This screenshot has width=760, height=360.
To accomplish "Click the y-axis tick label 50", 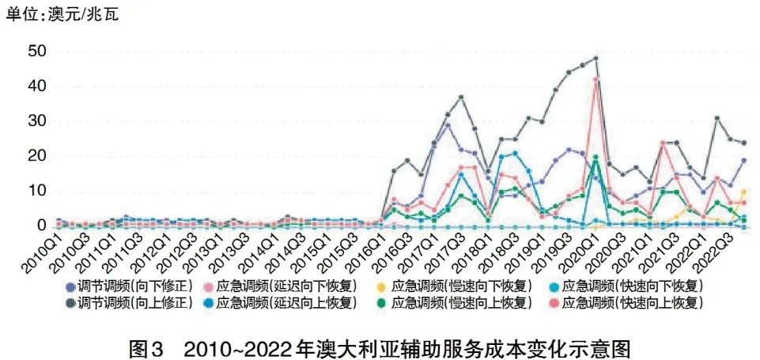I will click(x=37, y=51).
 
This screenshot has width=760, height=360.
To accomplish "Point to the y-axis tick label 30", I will click(x=37, y=121).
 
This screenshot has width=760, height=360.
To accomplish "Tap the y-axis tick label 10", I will click(x=37, y=191).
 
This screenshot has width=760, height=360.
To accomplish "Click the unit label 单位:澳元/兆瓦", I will click(x=62, y=14).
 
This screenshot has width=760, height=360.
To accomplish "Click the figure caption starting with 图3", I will click(x=380, y=346).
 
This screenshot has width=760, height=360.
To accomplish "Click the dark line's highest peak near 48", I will click(x=596, y=59).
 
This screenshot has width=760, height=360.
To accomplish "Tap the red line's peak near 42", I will click(x=596, y=79).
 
